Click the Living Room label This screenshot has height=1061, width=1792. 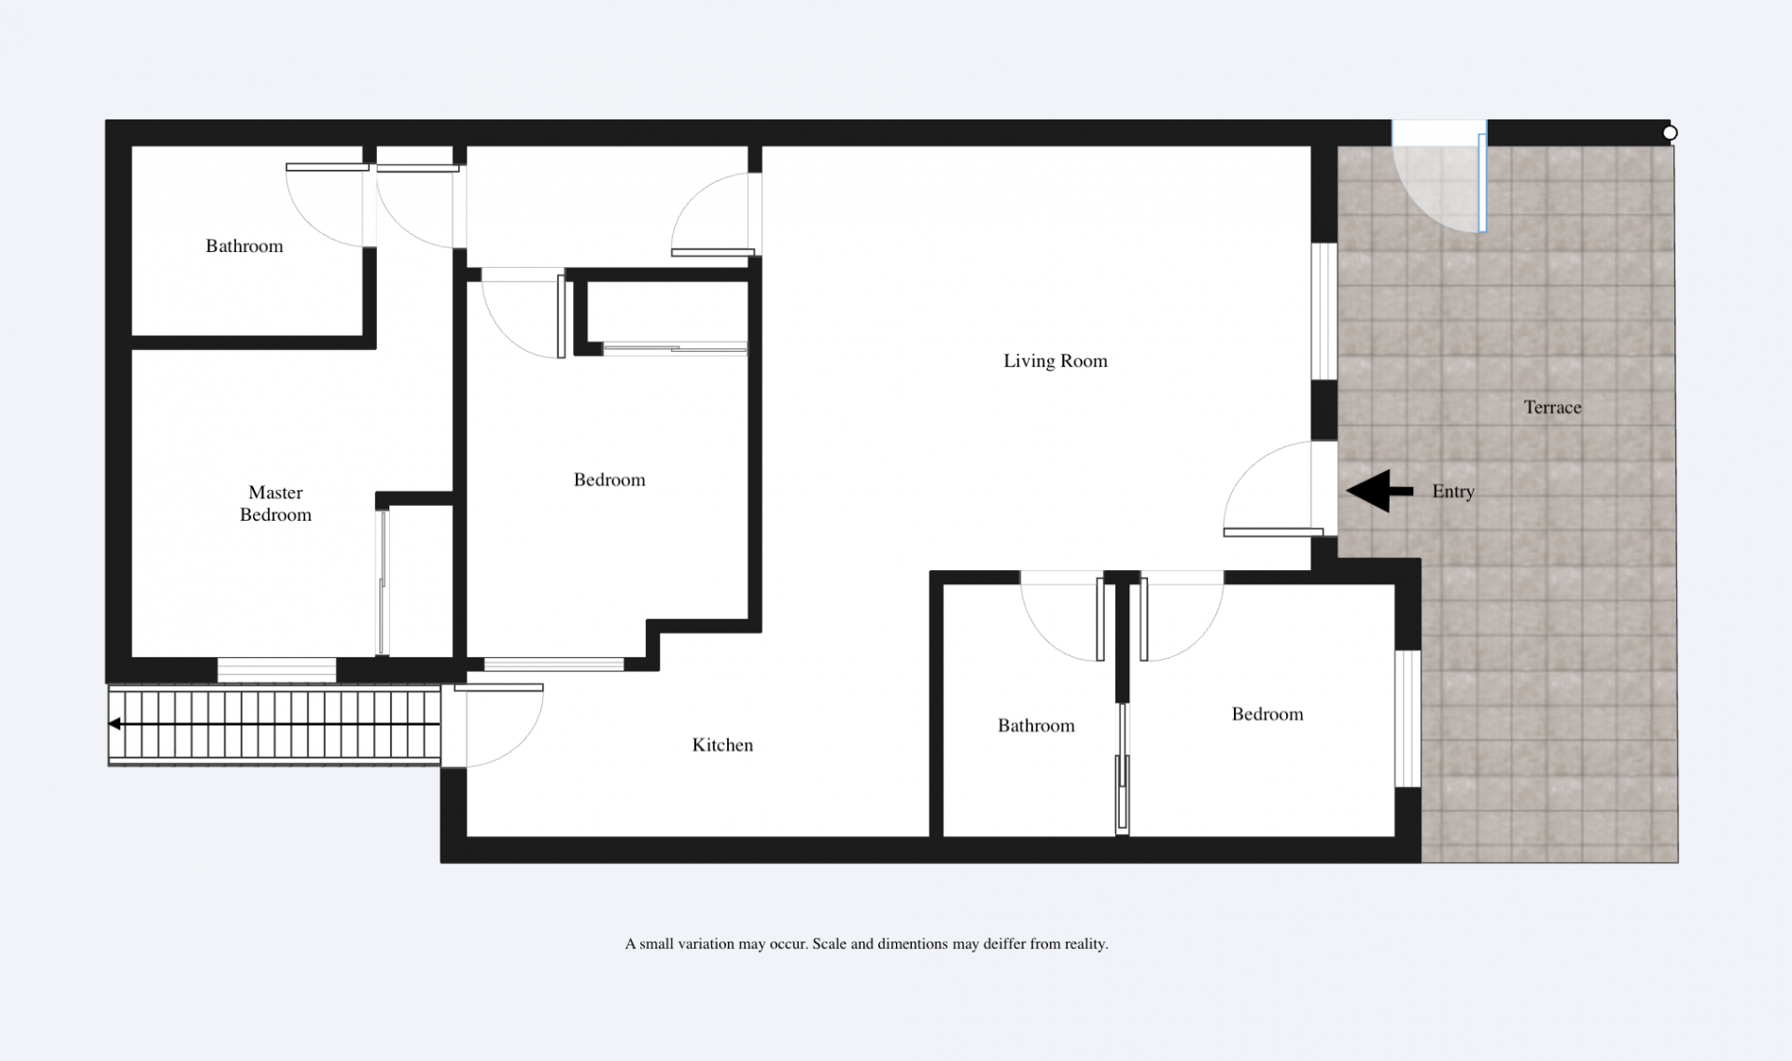click(x=1056, y=361)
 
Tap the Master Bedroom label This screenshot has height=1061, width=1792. click(x=275, y=504)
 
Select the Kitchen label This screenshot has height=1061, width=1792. click(x=722, y=745)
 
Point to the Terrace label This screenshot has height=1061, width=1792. click(x=1552, y=407)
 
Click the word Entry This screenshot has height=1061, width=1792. click(x=1453, y=492)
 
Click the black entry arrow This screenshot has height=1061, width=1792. click(x=1379, y=491)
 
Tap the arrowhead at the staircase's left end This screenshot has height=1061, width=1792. click(x=114, y=724)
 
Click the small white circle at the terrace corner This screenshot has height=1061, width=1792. click(x=1670, y=133)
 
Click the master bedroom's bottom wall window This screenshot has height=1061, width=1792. click(x=276, y=669)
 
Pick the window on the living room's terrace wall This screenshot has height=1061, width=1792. click(x=1324, y=312)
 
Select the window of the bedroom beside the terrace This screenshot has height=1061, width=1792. click(x=1407, y=719)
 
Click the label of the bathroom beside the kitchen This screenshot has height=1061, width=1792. click(x=1036, y=726)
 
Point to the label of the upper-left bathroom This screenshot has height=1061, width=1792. click(x=245, y=246)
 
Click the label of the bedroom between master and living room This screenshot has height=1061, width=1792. click(x=609, y=480)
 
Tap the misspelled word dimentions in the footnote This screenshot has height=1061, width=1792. click(x=912, y=944)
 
